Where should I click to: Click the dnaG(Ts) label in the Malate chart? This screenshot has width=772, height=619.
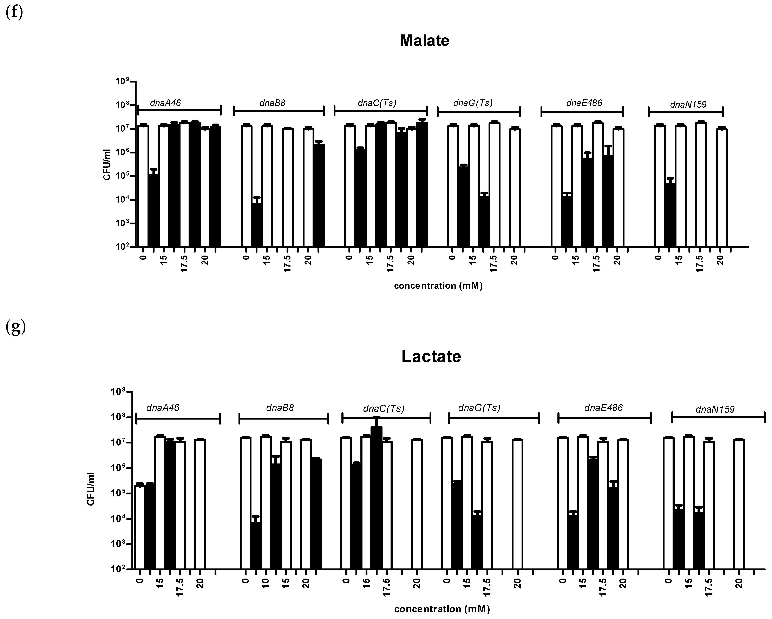(x=473, y=103)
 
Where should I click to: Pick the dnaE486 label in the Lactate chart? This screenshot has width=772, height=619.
(x=603, y=408)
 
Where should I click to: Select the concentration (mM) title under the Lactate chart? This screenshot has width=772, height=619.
(x=442, y=609)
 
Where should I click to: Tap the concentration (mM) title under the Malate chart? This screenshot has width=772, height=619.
(x=438, y=286)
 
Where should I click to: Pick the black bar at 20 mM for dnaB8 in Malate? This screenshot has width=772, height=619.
(x=319, y=195)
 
